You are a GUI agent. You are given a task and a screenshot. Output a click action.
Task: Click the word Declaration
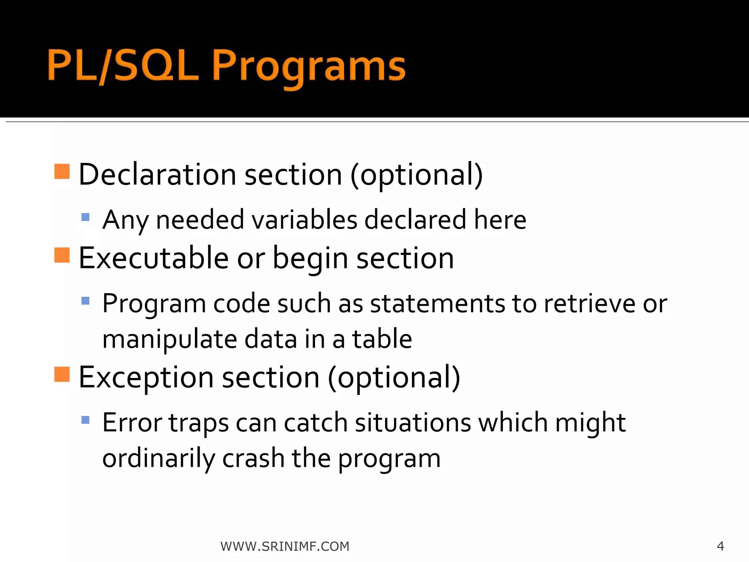pyautogui.click(x=157, y=175)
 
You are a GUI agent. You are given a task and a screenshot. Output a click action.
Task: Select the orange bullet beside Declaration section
pyautogui.click(x=62, y=171)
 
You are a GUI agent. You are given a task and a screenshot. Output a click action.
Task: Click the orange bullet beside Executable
pyautogui.click(x=62, y=255)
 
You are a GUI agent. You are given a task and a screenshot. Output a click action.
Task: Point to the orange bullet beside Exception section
pyautogui.click(x=62, y=374)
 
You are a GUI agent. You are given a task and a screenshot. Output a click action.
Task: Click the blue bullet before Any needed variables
pyautogui.click(x=86, y=217)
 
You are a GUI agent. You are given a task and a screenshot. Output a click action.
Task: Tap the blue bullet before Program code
pyautogui.click(x=86, y=301)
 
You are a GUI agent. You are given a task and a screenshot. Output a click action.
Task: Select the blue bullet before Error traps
pyautogui.click(x=86, y=420)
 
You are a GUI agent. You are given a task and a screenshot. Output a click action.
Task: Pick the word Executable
pyautogui.click(x=154, y=258)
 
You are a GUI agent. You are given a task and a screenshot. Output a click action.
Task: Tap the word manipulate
pyautogui.click(x=169, y=340)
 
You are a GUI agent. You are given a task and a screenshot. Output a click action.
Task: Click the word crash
pyautogui.click(x=253, y=458)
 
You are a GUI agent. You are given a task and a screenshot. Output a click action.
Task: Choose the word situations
pyautogui.click(x=413, y=423)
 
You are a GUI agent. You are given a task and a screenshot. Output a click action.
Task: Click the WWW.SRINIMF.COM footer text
pyautogui.click(x=285, y=546)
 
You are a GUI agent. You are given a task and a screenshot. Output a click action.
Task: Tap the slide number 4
pyautogui.click(x=720, y=546)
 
